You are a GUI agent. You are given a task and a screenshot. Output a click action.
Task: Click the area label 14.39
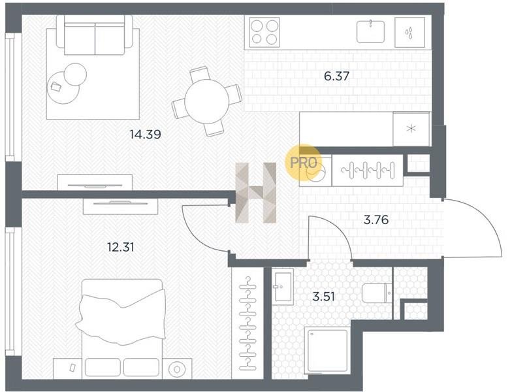click(145, 134)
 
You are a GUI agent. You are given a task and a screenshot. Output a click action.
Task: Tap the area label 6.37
click(337, 76)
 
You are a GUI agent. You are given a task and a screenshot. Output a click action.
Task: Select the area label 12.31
click(121, 247)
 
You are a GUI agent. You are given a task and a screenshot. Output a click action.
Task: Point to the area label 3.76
click(376, 220)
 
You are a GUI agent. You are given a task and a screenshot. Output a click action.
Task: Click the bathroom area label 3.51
click(324, 297)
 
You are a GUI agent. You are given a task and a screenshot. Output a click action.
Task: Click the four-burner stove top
click(264, 31)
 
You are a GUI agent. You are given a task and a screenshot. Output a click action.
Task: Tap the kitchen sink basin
click(370, 31)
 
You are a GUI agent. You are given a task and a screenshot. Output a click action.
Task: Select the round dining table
click(206, 102)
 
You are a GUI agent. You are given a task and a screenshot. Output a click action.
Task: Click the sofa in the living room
click(95, 35)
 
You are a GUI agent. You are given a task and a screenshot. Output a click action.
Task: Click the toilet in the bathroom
click(377, 293)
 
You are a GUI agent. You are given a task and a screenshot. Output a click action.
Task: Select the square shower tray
click(327, 350)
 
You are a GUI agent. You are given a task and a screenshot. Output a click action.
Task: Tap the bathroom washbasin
click(283, 286)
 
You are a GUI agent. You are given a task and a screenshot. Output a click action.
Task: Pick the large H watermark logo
click(256, 193)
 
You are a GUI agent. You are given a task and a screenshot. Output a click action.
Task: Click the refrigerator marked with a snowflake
click(411, 129)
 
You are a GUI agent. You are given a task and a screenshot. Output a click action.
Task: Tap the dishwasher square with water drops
click(409, 32)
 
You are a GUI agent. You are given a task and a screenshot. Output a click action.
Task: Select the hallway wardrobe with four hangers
click(367, 170)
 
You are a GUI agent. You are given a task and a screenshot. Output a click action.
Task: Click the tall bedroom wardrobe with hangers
click(248, 323)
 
